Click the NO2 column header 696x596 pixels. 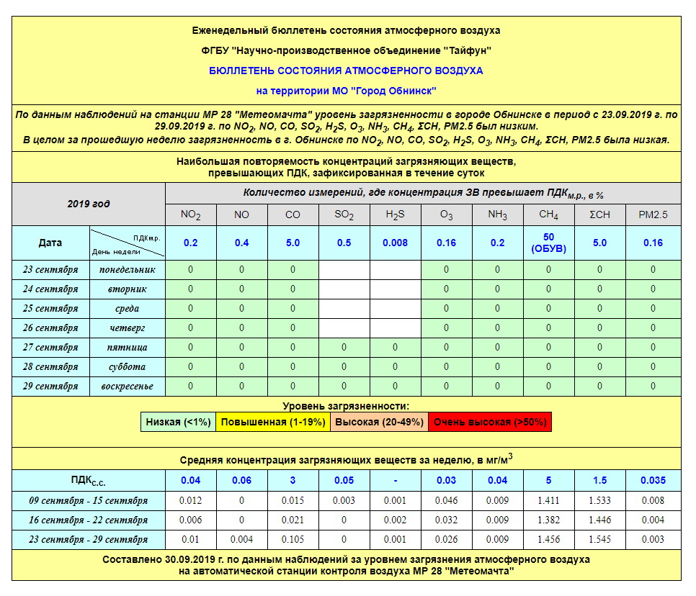(x=190, y=215)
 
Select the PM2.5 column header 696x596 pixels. (x=653, y=215)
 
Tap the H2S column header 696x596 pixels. (x=395, y=215)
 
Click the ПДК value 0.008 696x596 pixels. (x=395, y=243)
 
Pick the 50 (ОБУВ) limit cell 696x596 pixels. (x=548, y=243)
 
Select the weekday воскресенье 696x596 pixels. (x=127, y=387)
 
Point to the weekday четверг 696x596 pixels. (x=127, y=328)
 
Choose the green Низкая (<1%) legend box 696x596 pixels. (x=179, y=422)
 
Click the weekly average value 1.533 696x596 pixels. (x=599, y=500)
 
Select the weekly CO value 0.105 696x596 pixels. (x=293, y=539)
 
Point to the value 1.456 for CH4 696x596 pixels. (x=548, y=539)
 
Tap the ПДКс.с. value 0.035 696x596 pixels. (x=653, y=480)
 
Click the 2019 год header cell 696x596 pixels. (x=89, y=204)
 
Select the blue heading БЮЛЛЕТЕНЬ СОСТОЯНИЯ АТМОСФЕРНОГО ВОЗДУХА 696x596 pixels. (x=346, y=71)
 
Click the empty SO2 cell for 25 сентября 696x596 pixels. (x=344, y=309)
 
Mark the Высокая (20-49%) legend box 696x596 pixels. (x=379, y=422)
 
